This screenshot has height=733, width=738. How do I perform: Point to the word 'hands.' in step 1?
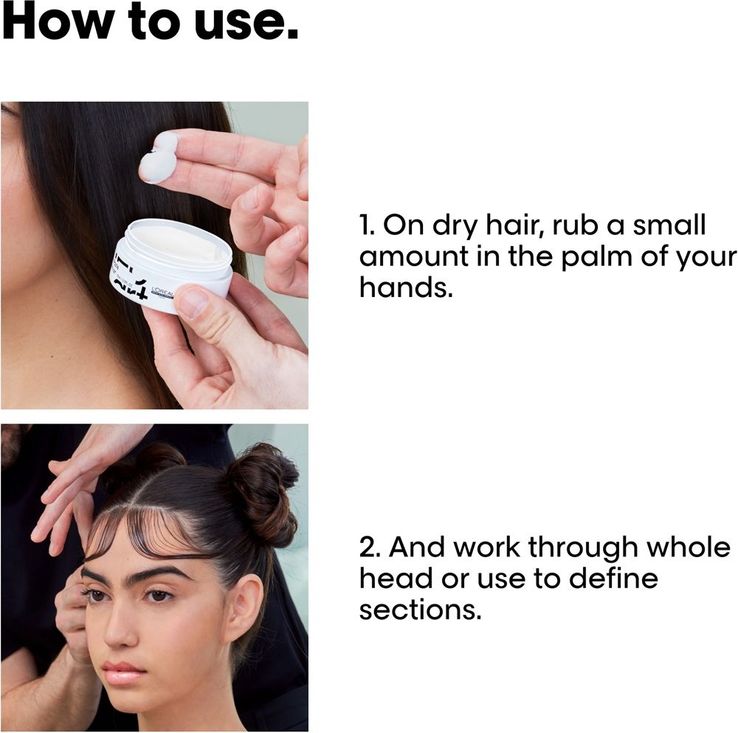[406, 287]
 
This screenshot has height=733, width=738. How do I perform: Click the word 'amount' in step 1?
[414, 257]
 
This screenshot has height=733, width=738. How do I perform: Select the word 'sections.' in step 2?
[420, 610]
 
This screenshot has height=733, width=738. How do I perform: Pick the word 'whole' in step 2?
[688, 547]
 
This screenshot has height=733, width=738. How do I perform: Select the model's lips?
[124, 672]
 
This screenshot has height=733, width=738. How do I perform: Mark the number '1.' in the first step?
[367, 225]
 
